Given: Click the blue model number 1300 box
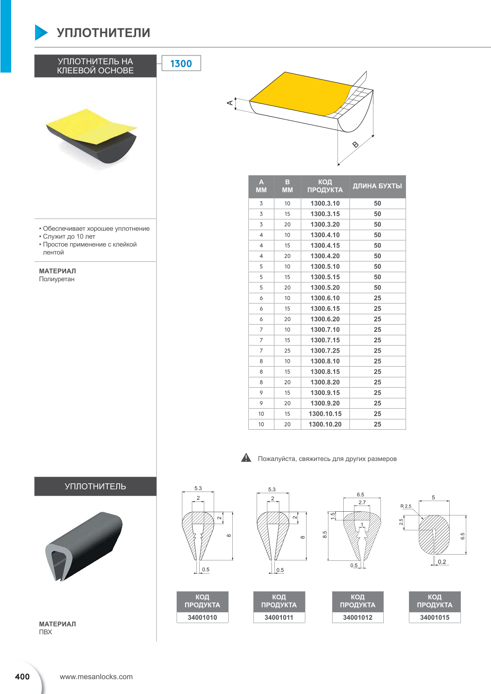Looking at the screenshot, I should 181,64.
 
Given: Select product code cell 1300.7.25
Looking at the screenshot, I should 325,351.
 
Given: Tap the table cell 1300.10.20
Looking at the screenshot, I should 325,424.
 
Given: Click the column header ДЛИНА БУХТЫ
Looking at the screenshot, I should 377,186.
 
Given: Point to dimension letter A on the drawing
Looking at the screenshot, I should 230,103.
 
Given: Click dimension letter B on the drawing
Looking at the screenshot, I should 355,144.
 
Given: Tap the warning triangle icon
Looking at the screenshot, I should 246,458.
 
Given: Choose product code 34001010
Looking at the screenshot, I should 202,617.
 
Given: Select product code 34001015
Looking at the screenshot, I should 434,617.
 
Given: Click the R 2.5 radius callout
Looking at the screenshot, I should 406,506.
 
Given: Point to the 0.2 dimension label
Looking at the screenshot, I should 442,562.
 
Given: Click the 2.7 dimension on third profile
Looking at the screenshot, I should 362,502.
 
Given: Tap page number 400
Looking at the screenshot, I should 22,676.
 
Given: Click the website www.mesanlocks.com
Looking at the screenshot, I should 96,677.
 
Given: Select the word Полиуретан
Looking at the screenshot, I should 57,279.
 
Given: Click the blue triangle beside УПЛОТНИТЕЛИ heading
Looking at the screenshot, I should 41,33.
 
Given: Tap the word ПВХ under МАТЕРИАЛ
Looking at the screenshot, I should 45,632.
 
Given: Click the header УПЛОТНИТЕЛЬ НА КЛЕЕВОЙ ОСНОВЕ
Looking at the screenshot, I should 95,66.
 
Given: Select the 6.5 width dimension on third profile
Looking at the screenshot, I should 360,494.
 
